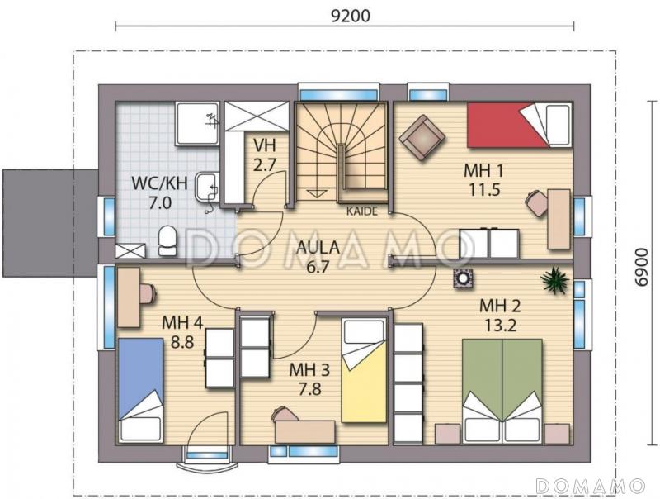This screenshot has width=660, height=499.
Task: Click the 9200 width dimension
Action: click(351, 16)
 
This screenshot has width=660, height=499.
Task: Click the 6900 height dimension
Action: click(642, 267)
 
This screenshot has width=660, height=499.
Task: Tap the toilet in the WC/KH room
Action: click(167, 240)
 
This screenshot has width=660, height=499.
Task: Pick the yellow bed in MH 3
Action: click(364, 370)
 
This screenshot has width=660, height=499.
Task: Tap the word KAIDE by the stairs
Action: click(362, 211)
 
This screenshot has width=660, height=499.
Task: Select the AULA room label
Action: click(318, 247)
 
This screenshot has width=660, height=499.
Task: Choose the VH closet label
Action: click(264, 145)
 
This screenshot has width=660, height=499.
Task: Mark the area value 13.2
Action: click(500, 326)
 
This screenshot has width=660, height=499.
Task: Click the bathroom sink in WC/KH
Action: click(207, 186)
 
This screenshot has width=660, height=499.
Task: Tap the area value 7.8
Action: click(310, 388)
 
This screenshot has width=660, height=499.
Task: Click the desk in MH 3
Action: click(305, 431)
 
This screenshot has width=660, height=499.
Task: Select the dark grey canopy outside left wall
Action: click(50, 223)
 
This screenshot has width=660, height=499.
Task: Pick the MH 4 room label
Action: click(182, 323)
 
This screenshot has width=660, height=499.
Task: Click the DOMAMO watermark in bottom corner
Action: click(591, 486)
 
